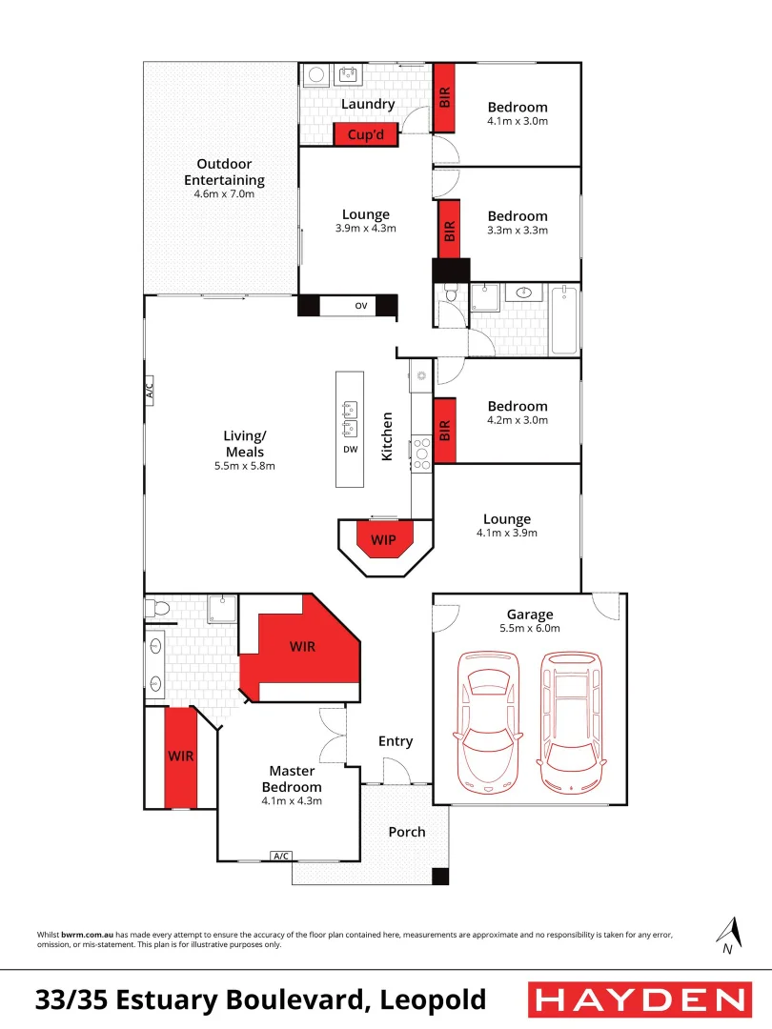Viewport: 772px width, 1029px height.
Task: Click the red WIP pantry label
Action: [x=383, y=539]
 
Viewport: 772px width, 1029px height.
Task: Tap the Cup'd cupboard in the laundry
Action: [x=365, y=135]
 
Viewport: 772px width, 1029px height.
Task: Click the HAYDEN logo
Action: [x=639, y=999]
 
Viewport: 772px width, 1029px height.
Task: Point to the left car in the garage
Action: [x=488, y=721]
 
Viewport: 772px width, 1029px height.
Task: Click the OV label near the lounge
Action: [x=361, y=306]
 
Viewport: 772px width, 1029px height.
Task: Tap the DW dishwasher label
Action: [x=351, y=449]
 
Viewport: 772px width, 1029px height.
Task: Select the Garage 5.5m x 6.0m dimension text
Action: [x=530, y=628]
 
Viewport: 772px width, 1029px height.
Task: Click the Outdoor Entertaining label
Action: [x=224, y=171]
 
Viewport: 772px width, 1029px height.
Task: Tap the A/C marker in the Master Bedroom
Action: [x=281, y=856]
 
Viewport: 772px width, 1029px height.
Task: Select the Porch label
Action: [x=407, y=832]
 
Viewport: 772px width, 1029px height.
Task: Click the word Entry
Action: [x=396, y=741]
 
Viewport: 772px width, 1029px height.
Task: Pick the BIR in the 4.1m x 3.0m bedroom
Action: [x=444, y=97]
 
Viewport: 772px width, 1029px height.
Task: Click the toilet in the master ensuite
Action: [x=157, y=606]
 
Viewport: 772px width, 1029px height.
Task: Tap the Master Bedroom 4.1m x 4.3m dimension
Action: [x=292, y=801]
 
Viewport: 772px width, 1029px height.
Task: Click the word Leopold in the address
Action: [x=433, y=1000]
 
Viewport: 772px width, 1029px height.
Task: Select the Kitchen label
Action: [x=388, y=436]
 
